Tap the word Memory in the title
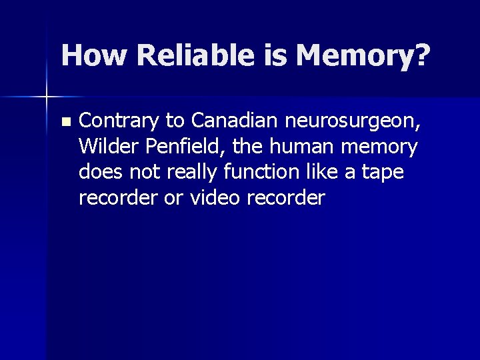[354, 56]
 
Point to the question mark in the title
[421, 55]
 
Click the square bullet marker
[65, 122]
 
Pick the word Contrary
[119, 121]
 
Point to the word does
[99, 171]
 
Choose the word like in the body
[323, 171]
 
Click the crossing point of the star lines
[47, 97]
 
